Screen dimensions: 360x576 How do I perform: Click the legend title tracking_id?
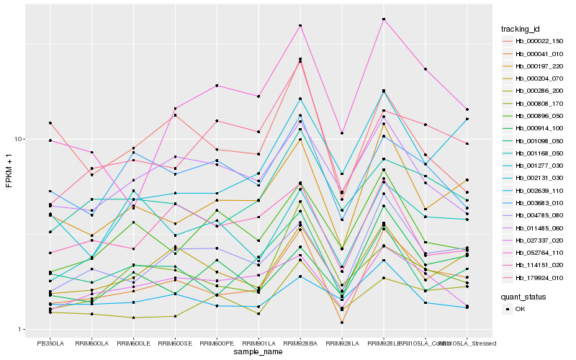coord(521,29)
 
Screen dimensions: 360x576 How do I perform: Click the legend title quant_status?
coord(523,296)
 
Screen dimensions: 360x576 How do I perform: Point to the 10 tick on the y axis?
coord(19,139)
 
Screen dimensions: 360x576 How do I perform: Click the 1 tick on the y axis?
coord(22,330)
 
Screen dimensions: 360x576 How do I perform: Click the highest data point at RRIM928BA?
coord(300,25)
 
